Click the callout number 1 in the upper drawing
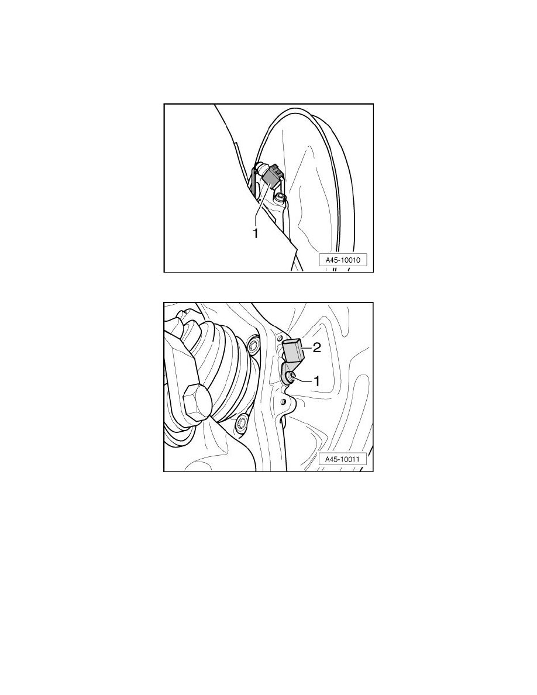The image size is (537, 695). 255,233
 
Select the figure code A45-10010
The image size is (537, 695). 343,260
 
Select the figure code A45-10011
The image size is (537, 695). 343,459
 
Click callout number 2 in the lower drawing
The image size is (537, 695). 317,348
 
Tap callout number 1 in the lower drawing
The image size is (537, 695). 316,380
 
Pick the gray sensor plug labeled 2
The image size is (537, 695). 293,351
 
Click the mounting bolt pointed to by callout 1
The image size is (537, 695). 291,377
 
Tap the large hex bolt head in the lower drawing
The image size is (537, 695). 193,404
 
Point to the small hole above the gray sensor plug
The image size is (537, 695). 280,339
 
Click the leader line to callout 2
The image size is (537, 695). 308,349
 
